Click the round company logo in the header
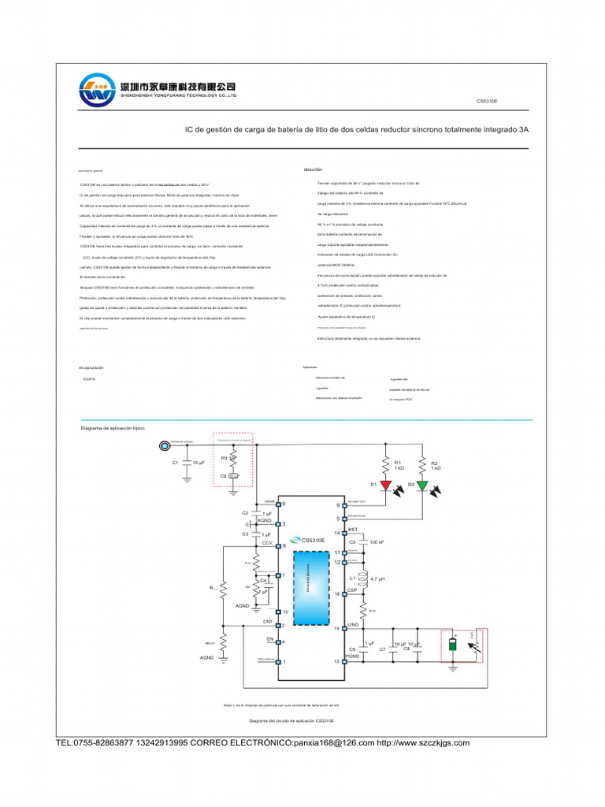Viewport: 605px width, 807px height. point(97,91)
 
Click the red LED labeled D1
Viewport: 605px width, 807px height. point(386,485)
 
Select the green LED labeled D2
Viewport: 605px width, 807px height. point(422,485)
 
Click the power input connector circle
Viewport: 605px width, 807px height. point(163,445)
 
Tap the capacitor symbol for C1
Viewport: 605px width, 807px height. point(186,463)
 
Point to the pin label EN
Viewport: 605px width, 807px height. point(269,638)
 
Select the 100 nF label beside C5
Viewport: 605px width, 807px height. point(377,542)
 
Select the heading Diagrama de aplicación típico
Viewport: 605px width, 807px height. point(113,428)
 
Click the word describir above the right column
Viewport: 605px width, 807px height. point(314,169)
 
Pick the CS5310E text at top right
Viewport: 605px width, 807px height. point(487,102)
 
